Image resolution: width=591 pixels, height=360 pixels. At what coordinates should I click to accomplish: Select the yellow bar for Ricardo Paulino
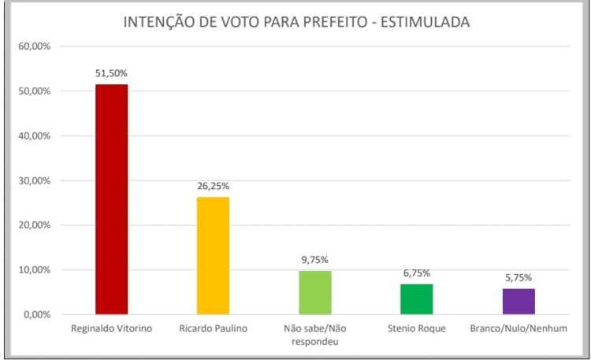213,255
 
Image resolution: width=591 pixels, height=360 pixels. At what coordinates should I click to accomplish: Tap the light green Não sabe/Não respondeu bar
314,292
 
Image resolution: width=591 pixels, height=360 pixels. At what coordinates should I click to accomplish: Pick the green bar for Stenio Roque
416,299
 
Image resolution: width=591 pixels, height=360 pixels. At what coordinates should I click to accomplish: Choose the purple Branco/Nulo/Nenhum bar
518,301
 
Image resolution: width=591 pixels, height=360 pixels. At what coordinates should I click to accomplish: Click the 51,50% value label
111,73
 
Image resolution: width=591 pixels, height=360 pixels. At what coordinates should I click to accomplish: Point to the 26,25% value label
213,187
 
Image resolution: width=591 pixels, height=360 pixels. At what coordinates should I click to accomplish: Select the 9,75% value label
314,260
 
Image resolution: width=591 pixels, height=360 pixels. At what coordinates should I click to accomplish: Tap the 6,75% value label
416,273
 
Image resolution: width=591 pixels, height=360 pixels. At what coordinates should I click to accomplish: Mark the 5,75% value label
518,278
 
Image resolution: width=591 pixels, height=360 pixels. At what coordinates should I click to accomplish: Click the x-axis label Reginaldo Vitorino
111,328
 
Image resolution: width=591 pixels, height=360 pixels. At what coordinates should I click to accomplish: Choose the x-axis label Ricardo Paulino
213,328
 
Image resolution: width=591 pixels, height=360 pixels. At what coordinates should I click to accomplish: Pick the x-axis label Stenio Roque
416,328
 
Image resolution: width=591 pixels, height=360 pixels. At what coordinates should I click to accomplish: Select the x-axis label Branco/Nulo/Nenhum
518,328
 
